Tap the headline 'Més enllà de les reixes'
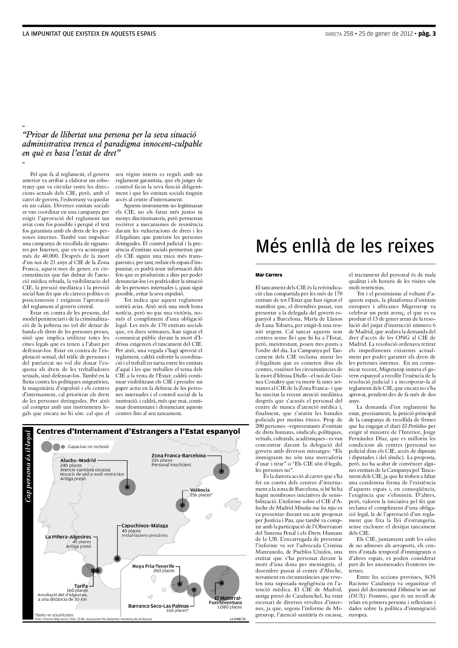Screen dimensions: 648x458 (345, 246)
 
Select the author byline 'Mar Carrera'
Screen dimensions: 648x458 (269, 275)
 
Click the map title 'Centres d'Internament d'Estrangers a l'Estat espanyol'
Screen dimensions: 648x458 (138, 432)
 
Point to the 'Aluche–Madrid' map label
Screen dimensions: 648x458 (78, 460)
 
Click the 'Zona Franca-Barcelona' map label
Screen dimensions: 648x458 (179, 455)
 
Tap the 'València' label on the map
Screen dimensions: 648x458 (200, 490)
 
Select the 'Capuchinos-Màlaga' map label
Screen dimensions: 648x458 (145, 526)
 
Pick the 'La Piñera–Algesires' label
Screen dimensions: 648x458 (68, 537)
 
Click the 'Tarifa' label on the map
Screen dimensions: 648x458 (81, 586)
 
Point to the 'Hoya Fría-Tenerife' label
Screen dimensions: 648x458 (153, 566)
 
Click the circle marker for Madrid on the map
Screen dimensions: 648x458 (127, 487)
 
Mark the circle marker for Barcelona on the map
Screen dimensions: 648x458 (222, 471)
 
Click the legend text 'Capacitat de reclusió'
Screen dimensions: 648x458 (88, 447)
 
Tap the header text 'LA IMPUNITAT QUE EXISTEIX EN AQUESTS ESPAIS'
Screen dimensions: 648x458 (89, 34)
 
